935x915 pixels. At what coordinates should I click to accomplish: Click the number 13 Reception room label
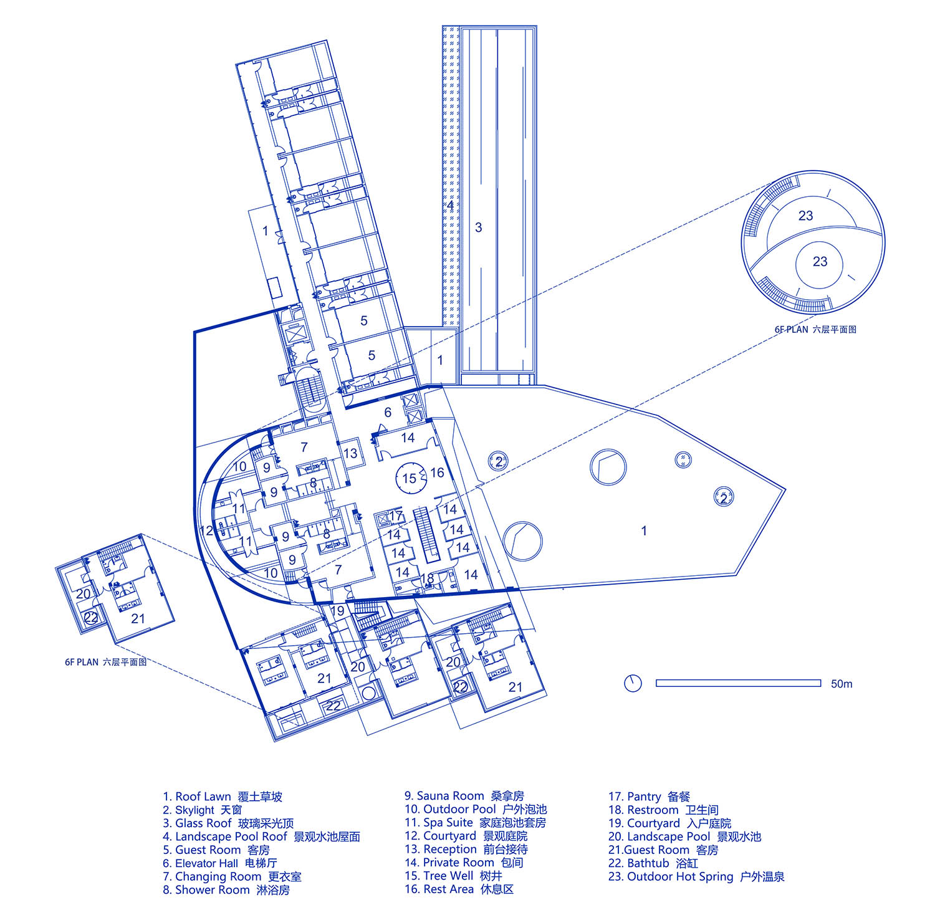(351, 453)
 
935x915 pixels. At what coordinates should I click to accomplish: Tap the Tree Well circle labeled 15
(409, 479)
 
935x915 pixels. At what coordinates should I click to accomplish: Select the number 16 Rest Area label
(437, 472)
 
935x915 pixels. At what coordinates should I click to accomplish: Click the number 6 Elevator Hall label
(388, 412)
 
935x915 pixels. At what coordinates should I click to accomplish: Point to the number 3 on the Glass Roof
(479, 228)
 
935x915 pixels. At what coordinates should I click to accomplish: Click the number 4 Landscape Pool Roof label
(450, 205)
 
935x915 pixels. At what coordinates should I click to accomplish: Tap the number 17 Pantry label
(396, 515)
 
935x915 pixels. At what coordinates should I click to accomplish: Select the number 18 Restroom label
(427, 578)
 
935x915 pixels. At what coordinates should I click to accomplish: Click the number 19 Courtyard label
(337, 611)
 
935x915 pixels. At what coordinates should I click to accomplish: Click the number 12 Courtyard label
(207, 531)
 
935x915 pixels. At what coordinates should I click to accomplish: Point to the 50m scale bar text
(841, 684)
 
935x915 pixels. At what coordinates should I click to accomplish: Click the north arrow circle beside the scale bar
(633, 683)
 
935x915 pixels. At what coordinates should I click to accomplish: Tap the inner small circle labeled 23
(820, 262)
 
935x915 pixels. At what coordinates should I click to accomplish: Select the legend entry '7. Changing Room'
(232, 876)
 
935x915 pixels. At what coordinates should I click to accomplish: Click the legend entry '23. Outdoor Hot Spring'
(696, 876)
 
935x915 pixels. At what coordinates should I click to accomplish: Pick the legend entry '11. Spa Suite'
(475, 823)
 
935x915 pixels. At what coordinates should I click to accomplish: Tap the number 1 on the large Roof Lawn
(644, 531)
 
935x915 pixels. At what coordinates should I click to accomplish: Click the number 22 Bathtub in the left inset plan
(91, 618)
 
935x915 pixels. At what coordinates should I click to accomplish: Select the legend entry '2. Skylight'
(203, 810)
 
